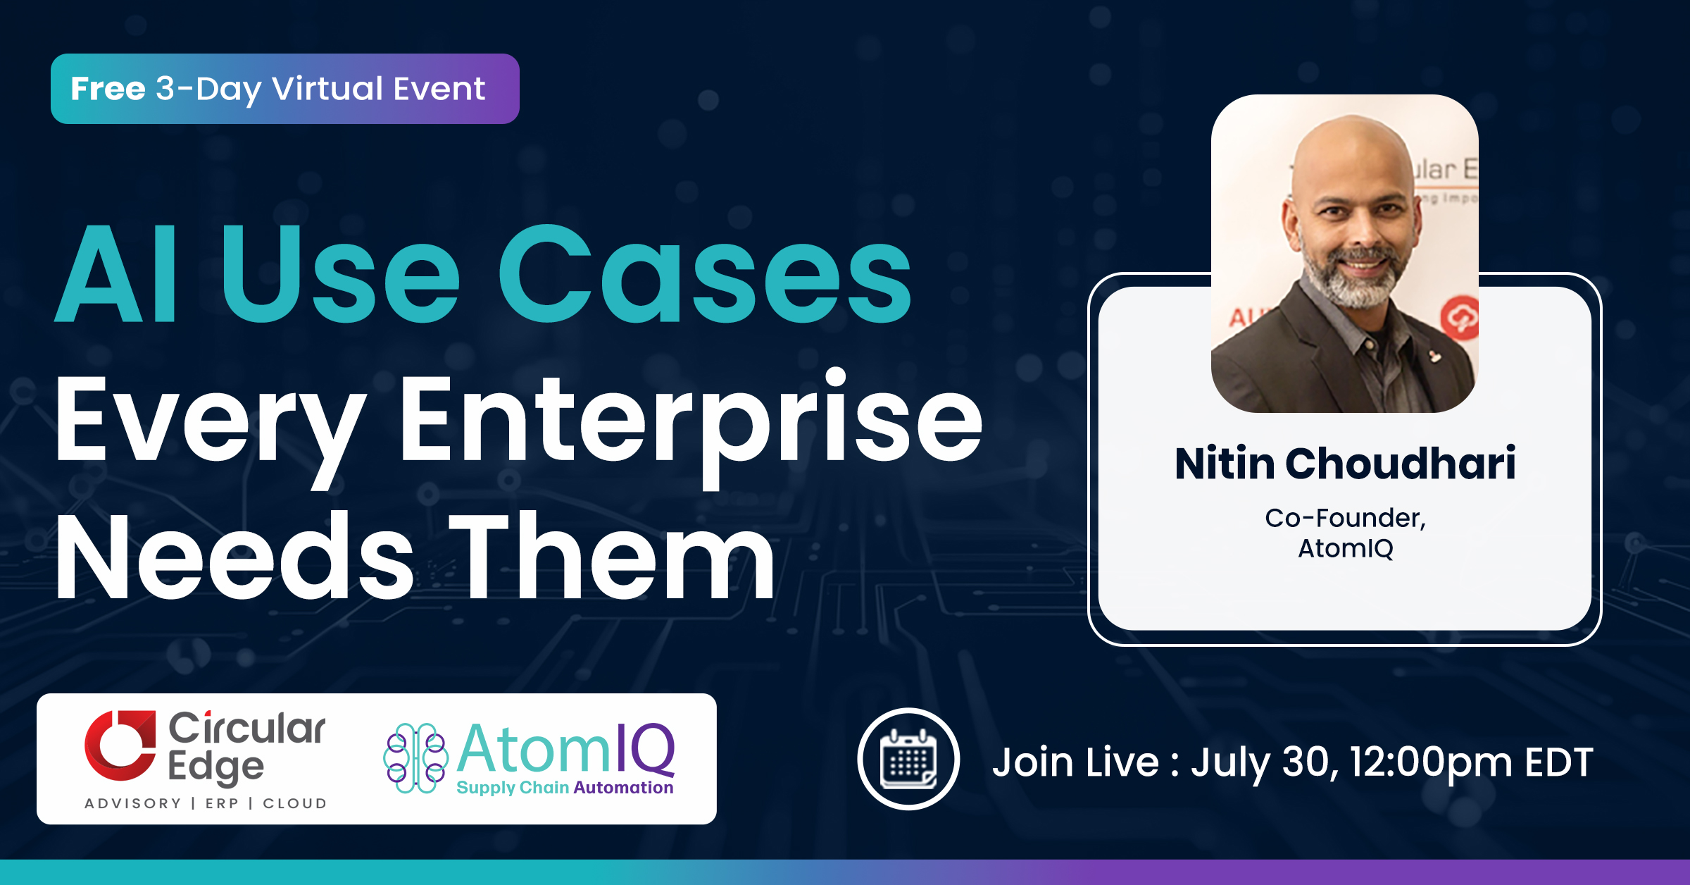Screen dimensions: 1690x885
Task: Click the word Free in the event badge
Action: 108,89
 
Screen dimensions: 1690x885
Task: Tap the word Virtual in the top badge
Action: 328,89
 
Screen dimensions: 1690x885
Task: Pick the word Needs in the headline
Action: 234,557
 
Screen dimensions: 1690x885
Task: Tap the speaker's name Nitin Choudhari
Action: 1345,463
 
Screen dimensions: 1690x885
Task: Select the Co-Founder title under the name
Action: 1345,518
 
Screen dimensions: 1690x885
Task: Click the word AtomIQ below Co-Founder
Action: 1345,548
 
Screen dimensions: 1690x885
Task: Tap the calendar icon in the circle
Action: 908,759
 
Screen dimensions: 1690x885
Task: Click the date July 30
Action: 1265,762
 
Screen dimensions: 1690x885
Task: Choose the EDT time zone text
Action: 1558,762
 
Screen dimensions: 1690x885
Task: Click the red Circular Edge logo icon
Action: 120,745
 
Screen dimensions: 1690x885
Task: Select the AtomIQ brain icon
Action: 415,758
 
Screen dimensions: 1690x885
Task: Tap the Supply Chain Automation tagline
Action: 565,788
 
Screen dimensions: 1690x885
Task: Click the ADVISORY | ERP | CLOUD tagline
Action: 206,803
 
